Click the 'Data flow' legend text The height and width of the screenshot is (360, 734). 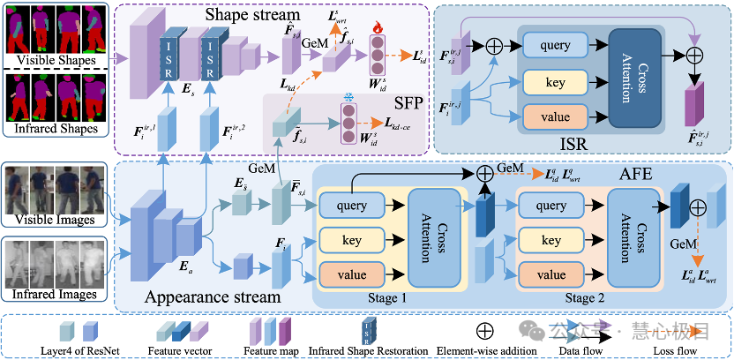tap(585, 350)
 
